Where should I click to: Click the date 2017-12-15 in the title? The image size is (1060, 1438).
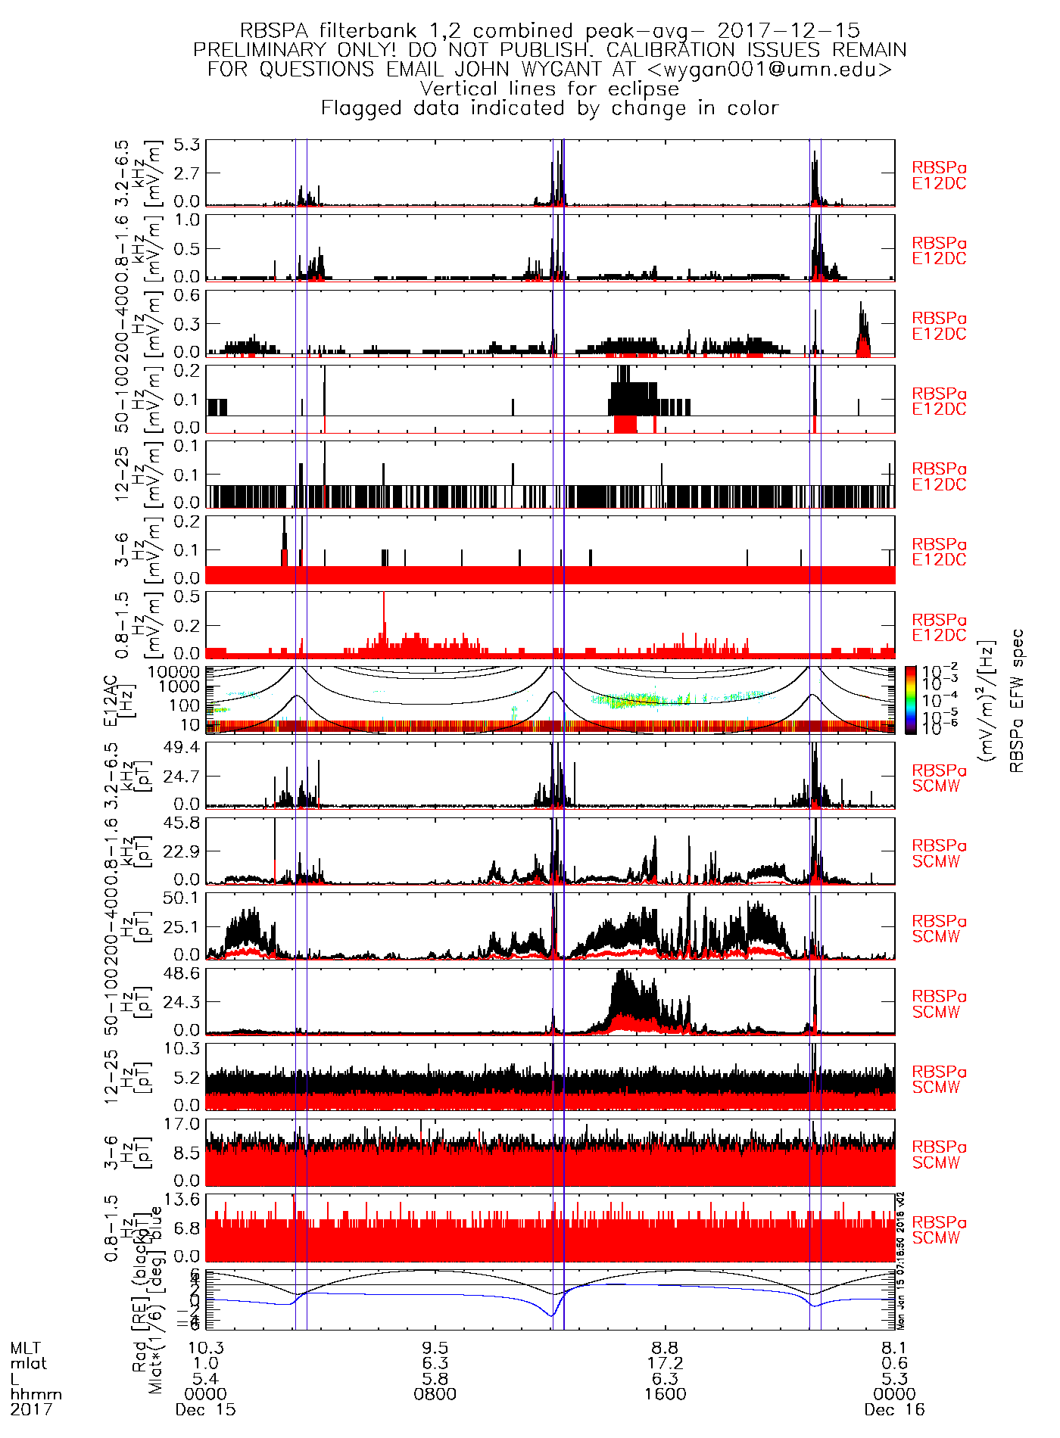pos(788,31)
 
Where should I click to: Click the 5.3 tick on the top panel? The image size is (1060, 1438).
pos(186,145)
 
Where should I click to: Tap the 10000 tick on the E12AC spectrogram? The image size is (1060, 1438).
pos(174,672)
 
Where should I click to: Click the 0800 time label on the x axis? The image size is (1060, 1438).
pos(435,1394)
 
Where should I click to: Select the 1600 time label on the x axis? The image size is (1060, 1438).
pos(665,1394)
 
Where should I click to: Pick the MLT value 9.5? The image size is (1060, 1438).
pos(435,1348)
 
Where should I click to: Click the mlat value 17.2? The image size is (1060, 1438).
pos(665,1363)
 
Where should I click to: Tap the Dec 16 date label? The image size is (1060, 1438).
pos(894,1409)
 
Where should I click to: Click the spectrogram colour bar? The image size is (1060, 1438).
pos(911,699)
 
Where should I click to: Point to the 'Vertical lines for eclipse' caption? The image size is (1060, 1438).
pos(550,89)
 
